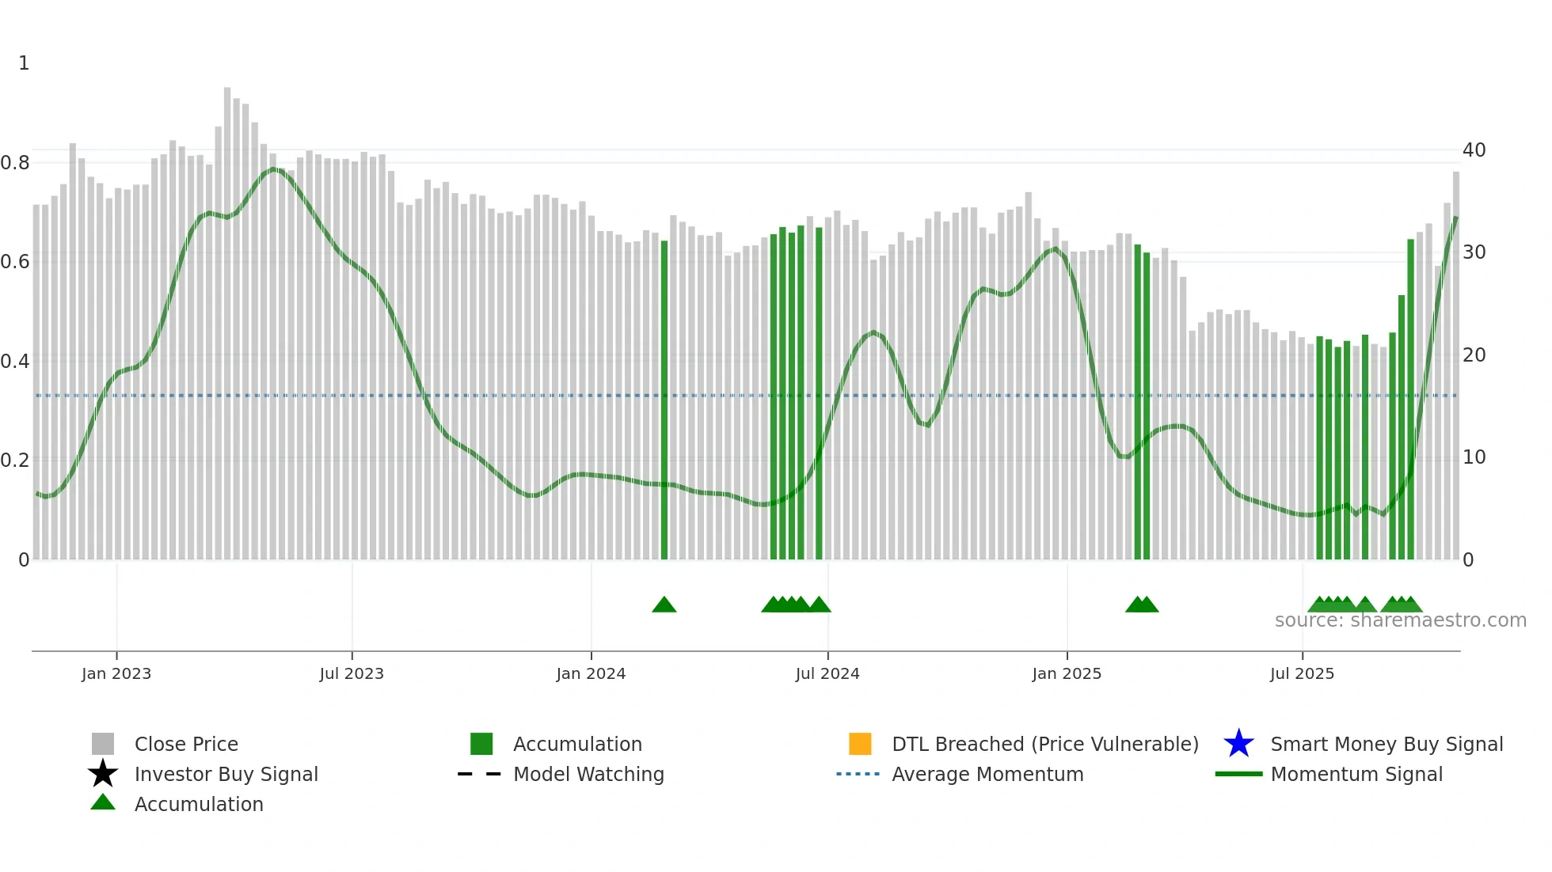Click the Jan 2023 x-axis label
tap(116, 673)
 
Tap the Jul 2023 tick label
tap(352, 673)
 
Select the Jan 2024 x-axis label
tap(591, 673)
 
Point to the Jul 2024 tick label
tap(827, 673)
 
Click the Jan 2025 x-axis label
tap(1067, 673)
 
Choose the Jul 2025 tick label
tap(1302, 673)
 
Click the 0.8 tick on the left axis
tap(15, 163)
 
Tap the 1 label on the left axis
tap(24, 63)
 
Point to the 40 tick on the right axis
tap(1474, 150)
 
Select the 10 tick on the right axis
tap(1474, 457)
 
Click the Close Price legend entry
tap(186, 744)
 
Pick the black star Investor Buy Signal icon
tap(103, 774)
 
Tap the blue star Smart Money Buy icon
tap(1238, 744)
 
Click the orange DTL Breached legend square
tap(860, 744)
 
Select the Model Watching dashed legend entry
tap(588, 774)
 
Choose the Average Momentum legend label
tap(987, 774)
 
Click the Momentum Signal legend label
tap(1356, 774)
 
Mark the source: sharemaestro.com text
tap(1400, 620)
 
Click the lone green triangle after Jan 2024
tap(664, 605)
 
